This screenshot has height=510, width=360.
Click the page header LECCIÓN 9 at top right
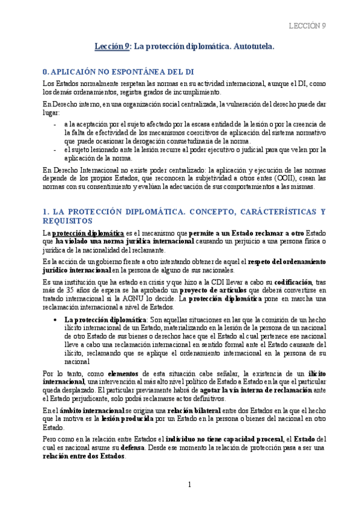click(307, 25)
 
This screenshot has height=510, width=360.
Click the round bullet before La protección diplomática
click(55, 319)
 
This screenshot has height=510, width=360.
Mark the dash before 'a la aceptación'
click(55, 123)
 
